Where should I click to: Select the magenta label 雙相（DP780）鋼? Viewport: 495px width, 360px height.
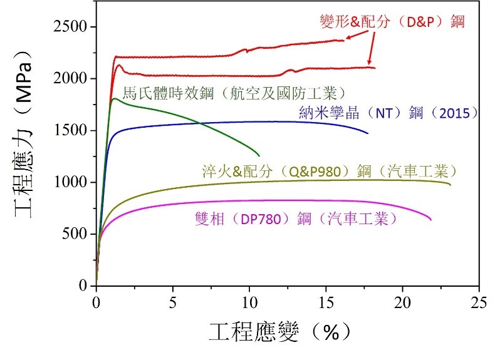point(295,219)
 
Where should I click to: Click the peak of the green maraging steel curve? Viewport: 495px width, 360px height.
point(114,98)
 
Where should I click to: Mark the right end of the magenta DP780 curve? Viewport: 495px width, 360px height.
point(431,220)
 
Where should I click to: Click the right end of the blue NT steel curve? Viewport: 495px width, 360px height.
point(368,133)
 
